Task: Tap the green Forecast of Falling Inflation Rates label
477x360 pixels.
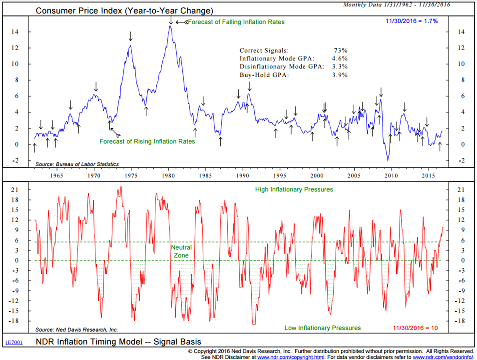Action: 236,22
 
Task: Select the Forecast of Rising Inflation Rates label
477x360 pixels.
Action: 147,141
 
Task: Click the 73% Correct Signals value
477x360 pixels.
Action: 340,51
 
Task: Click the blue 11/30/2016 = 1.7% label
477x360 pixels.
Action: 411,21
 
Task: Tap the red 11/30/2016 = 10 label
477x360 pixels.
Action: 415,328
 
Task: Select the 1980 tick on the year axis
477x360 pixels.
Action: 168,175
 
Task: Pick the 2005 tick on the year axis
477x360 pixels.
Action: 354,175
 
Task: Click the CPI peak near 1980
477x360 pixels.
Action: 170,26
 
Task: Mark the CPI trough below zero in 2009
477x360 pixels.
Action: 388,160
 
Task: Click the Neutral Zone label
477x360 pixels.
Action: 181,252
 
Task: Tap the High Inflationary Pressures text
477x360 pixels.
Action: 294,189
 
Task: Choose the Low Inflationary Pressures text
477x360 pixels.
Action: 322,328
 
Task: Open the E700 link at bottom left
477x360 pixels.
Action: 14,342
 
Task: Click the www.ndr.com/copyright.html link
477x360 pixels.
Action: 291,357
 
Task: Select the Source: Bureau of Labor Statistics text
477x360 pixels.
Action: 77,164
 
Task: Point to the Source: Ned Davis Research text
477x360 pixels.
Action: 76,330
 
